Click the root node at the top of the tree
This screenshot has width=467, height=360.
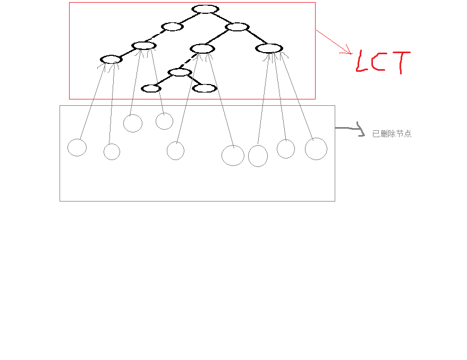click(x=205, y=9)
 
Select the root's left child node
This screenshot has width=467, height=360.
click(x=172, y=27)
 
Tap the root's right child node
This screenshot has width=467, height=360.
click(x=236, y=27)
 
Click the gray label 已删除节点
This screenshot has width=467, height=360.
click(x=392, y=134)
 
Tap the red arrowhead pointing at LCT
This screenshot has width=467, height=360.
click(x=349, y=52)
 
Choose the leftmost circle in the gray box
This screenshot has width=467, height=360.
click(x=77, y=147)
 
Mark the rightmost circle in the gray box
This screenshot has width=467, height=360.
click(x=316, y=149)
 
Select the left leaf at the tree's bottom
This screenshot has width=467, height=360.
click(x=151, y=88)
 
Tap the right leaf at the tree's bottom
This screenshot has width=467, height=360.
click(x=204, y=88)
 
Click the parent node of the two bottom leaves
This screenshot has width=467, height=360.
click(x=180, y=72)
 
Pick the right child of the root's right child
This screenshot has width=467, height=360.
click(x=269, y=48)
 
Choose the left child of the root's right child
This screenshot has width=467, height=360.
click(x=202, y=49)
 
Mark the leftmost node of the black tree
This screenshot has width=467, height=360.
click(x=111, y=60)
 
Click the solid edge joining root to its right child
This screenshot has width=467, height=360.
click(x=220, y=18)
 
